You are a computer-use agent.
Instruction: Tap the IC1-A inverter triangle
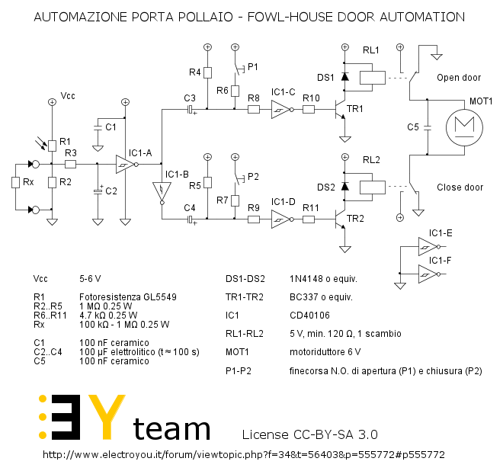123,164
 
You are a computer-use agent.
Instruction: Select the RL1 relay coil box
370,76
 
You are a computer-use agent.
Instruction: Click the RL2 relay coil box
370,186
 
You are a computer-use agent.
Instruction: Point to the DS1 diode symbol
344,77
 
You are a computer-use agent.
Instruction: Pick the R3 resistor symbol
71,164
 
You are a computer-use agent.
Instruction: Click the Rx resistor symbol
15,183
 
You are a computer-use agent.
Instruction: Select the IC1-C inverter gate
281,110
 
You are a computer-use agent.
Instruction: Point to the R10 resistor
309,110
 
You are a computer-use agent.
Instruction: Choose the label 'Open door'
459,78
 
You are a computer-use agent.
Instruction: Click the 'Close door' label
460,187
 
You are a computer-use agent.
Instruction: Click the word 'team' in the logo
171,428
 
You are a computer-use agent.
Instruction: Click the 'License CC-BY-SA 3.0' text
309,434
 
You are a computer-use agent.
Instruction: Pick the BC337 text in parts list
303,296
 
